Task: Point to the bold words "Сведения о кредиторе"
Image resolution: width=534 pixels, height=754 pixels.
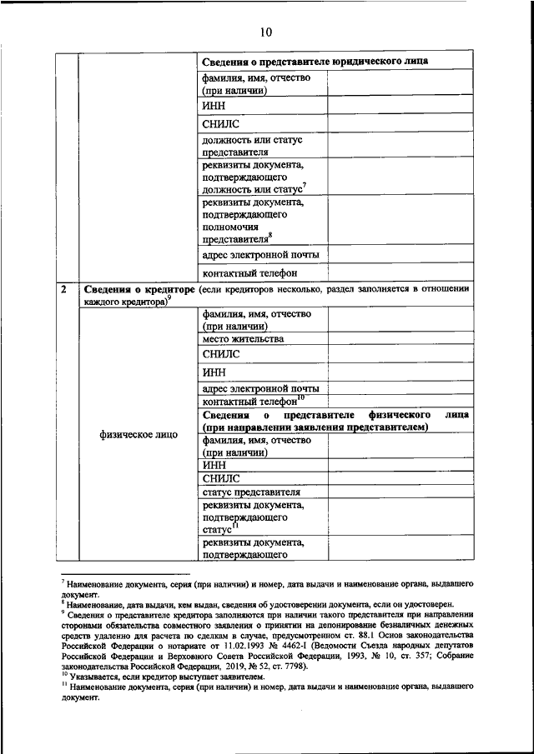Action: coord(139,289)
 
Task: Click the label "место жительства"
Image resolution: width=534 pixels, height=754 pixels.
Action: coord(242,339)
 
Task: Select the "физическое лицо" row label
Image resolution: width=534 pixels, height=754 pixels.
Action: coord(138,435)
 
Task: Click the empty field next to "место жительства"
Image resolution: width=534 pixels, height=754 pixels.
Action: coord(400,339)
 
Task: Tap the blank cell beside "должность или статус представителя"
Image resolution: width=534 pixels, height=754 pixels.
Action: coord(400,146)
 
